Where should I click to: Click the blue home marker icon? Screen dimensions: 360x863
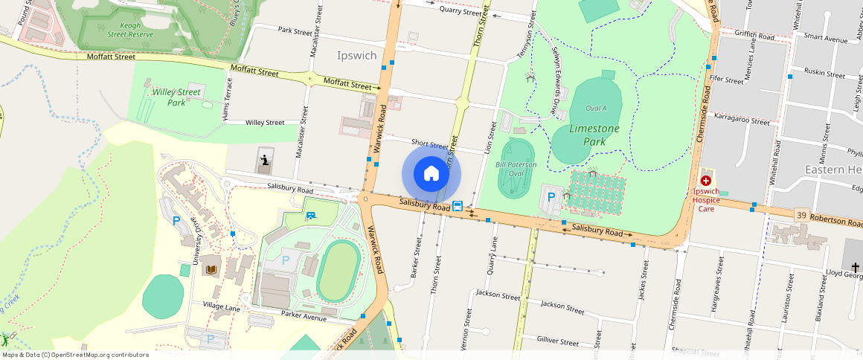(x=431, y=174)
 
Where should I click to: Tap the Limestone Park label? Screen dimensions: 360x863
(x=594, y=134)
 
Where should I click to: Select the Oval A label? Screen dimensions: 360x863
(x=596, y=108)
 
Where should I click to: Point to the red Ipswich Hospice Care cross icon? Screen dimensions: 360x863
(x=705, y=181)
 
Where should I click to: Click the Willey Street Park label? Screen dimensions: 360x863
(x=176, y=97)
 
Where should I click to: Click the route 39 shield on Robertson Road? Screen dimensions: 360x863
(x=801, y=213)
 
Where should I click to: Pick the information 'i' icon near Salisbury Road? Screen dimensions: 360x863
(x=264, y=160)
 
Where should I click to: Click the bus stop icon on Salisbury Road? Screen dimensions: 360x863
(x=458, y=207)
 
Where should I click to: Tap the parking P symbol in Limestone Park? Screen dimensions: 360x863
(x=551, y=197)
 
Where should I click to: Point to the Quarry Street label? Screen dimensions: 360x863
(x=461, y=11)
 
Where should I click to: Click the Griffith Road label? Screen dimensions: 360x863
(x=754, y=36)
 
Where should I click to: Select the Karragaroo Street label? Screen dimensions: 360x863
(x=742, y=120)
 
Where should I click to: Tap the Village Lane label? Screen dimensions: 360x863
(x=215, y=306)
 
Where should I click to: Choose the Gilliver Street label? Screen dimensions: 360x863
(x=557, y=341)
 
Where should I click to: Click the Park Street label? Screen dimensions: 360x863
(x=295, y=31)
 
